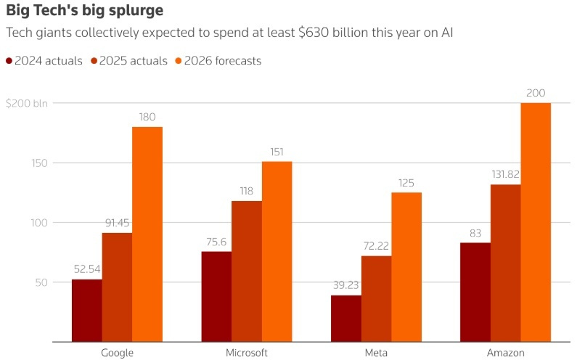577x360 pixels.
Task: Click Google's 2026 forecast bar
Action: pyautogui.click(x=147, y=234)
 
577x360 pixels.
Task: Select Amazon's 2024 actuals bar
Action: pyautogui.click(x=475, y=292)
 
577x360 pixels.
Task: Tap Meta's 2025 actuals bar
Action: pyautogui.click(x=376, y=298)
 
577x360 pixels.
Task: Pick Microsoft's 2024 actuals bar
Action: pyautogui.click(x=216, y=296)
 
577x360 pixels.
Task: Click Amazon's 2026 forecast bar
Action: pyautogui.click(x=536, y=222)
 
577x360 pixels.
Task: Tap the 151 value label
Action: pyautogui.click(x=277, y=152)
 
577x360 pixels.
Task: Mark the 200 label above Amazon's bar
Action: pyautogui.click(x=536, y=93)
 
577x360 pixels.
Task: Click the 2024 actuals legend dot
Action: pyautogui.click(x=9, y=61)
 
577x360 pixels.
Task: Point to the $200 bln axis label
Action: pyautogui.click(x=26, y=103)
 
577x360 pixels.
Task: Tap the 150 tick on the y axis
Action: pyautogui.click(x=38, y=163)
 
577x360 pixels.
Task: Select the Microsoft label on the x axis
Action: pyautogui.click(x=247, y=353)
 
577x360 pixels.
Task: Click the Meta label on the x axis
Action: pyautogui.click(x=376, y=353)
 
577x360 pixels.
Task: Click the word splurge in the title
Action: pyautogui.click(x=134, y=12)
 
